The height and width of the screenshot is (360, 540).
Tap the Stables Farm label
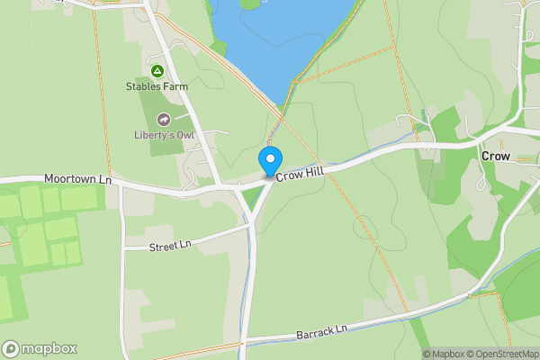click(157, 87)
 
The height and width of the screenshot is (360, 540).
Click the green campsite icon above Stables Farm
click(157, 71)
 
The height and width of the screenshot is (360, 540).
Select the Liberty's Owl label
click(163, 136)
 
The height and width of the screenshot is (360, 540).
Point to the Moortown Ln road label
click(77, 180)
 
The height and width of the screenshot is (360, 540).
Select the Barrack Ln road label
click(321, 333)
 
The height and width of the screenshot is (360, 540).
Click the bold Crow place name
click(496, 157)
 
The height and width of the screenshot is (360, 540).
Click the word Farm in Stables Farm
click(175, 87)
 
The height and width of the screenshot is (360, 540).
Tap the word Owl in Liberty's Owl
click(184, 136)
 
